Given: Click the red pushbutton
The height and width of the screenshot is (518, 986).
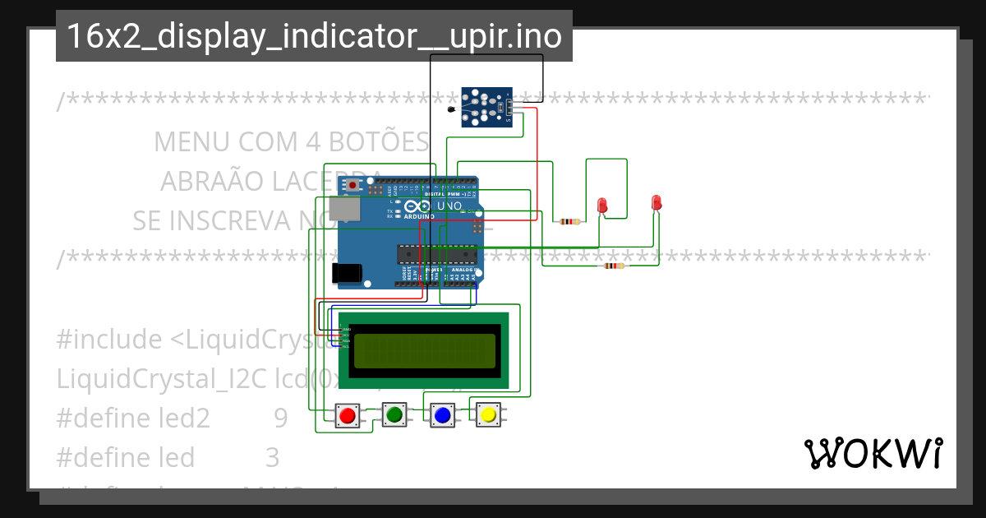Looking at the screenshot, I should [x=348, y=415].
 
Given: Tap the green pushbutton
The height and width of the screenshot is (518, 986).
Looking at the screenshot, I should [x=394, y=414].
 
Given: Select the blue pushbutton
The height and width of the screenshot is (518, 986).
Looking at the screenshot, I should [x=442, y=415].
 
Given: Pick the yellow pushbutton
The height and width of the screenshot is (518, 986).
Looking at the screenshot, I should [x=488, y=414].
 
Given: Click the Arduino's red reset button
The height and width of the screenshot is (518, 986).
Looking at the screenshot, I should [x=353, y=186].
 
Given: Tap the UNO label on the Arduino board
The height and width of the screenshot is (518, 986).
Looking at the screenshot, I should [x=447, y=206].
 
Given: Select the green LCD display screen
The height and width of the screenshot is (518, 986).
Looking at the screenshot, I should [x=423, y=350].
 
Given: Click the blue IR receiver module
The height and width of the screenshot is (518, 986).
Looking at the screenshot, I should [x=485, y=108].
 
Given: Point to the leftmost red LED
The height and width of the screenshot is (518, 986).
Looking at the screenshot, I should [x=602, y=205].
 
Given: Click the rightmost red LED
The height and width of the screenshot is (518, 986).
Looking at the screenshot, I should [x=656, y=202].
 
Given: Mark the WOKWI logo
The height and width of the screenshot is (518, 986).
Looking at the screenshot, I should [x=873, y=454].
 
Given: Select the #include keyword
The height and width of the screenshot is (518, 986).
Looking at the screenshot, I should [x=109, y=339].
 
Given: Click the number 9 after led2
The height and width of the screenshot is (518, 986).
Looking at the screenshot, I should [x=281, y=419].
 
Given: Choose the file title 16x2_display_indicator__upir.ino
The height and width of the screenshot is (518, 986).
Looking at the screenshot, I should [x=314, y=36].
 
